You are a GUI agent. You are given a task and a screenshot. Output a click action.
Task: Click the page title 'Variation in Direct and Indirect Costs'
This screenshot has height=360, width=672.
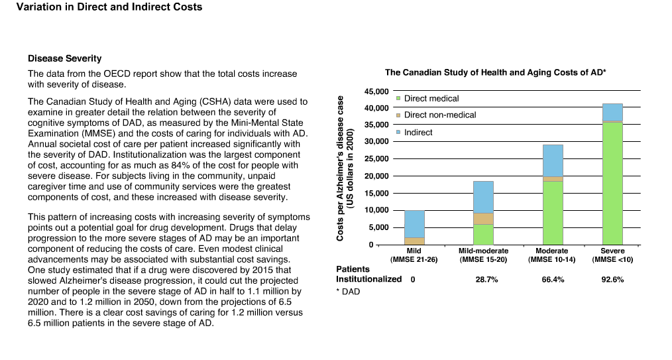[109, 7]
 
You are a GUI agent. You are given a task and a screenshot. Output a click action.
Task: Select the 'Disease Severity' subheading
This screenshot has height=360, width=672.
[65, 58]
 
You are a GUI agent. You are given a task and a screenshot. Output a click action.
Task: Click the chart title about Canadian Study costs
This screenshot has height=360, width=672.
[496, 72]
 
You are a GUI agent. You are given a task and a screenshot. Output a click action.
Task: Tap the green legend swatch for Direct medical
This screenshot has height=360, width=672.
[398, 98]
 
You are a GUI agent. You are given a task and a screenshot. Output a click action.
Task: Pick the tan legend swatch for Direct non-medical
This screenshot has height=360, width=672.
[398, 115]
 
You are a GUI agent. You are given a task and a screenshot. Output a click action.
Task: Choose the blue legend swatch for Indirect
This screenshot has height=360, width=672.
[398, 132]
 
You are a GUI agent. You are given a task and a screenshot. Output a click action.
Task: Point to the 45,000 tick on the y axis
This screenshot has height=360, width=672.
[376, 91]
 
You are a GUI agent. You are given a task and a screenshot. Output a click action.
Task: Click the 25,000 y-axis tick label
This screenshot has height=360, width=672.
[376, 158]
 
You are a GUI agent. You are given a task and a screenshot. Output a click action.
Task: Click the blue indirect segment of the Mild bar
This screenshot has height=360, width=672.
[414, 224]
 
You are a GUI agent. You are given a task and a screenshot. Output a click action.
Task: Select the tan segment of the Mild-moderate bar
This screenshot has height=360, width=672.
[483, 219]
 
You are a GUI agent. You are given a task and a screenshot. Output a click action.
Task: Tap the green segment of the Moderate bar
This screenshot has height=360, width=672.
[553, 213]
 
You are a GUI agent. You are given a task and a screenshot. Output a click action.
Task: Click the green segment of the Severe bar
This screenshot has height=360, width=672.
[612, 184]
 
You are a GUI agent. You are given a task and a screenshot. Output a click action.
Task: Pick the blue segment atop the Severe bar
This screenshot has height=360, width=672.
[612, 112]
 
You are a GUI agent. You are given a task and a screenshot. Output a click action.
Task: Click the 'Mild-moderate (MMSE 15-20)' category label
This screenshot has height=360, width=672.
[483, 255]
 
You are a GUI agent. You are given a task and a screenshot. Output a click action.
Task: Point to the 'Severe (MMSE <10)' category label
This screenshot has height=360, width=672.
[612, 255]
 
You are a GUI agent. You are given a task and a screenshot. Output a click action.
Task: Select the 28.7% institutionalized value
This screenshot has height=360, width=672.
[487, 279]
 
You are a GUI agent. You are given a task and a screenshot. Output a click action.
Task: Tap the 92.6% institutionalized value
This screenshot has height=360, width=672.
[612, 279]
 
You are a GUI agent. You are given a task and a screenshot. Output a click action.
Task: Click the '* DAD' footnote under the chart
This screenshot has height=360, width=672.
[348, 292]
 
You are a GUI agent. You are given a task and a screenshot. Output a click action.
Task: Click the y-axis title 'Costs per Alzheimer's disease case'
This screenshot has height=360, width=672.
[340, 168]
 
